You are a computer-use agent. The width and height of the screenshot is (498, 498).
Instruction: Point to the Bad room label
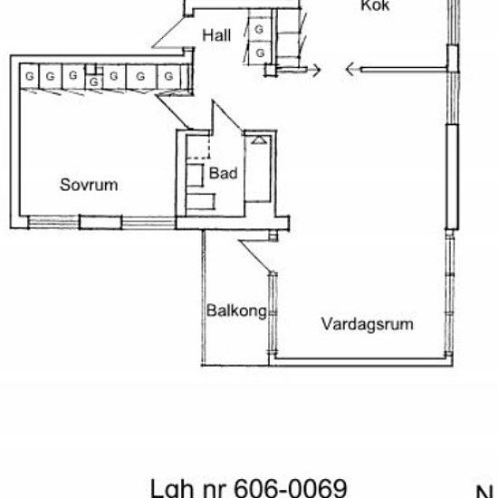[223, 172]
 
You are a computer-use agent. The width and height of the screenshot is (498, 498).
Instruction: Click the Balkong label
[235, 311]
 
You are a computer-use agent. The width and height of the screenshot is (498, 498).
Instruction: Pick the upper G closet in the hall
[260, 30]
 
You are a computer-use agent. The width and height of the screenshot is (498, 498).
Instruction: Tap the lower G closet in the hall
[260, 53]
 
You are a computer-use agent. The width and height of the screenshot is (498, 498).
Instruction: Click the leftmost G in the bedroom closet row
[30, 76]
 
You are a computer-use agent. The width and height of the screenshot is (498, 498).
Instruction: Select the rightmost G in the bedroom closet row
[167, 76]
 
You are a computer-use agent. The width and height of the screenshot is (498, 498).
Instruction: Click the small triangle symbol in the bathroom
[258, 140]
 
